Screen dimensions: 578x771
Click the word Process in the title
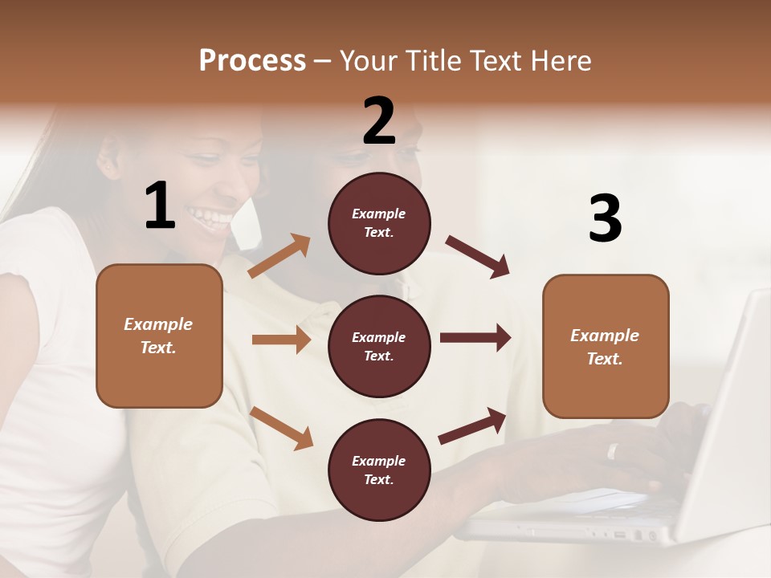252,61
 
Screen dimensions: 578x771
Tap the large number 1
160,206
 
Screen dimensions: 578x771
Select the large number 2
379,121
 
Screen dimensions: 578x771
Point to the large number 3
605,219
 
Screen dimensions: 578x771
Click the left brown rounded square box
159,336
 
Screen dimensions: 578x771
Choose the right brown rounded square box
606,346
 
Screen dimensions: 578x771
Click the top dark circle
379,222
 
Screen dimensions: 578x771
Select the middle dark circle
379,346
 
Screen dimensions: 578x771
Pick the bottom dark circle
379,470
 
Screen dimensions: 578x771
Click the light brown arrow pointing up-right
279,256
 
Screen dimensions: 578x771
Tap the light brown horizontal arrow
281,340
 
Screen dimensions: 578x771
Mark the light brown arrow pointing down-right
281,427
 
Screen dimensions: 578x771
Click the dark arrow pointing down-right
478,257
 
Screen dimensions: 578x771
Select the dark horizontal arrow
475,338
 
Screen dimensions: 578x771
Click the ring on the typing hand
613,451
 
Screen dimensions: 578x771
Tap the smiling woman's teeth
210,215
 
